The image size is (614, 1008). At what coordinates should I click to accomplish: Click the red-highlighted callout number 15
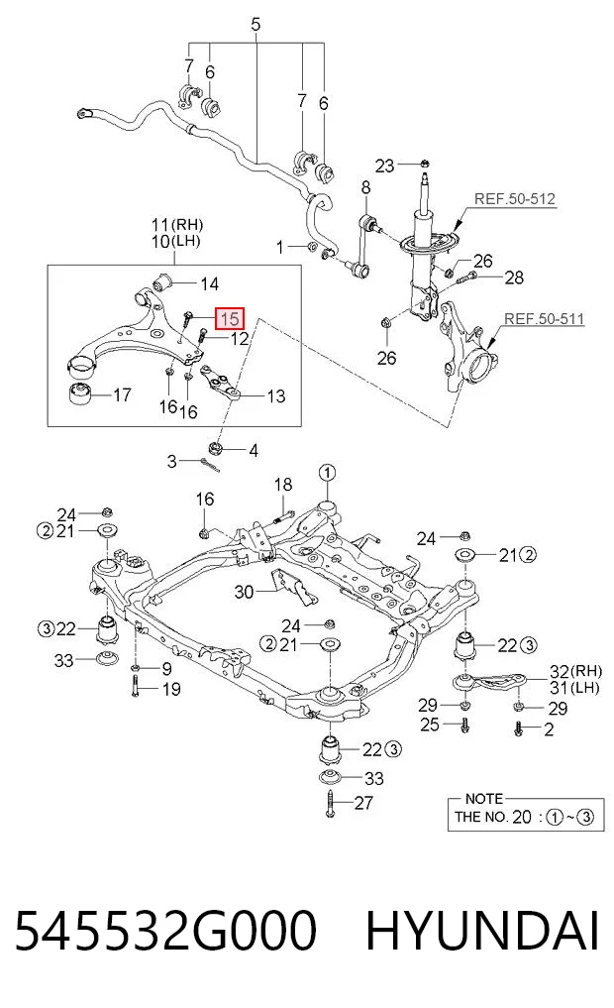point(230,317)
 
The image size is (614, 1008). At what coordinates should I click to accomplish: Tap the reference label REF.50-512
point(514,199)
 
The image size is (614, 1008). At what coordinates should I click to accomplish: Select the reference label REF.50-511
point(544,318)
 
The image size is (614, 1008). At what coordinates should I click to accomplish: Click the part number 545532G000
point(165,931)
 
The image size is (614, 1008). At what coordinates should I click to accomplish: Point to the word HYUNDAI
point(482,931)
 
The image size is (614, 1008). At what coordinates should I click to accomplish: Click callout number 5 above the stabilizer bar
point(256,25)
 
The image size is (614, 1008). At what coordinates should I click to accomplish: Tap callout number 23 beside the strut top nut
point(384,166)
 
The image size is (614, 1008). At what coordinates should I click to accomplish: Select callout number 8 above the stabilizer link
point(365,187)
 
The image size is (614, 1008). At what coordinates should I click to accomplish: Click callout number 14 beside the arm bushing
point(210,283)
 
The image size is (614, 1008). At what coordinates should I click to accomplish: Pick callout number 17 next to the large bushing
point(122,394)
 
